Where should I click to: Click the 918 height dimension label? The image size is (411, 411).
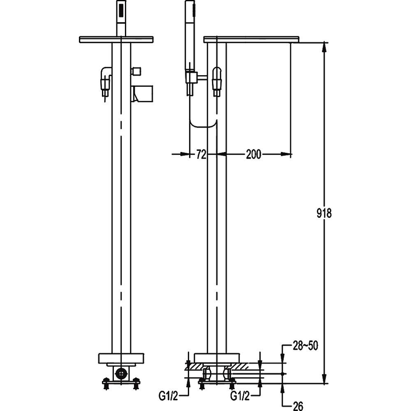tap(324, 213)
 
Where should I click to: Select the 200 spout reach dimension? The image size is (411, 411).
tap(254, 155)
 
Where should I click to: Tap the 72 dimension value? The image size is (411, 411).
tap(201, 155)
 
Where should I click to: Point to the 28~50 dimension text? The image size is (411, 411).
tap(305, 346)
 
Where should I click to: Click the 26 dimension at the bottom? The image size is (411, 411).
tap(298, 406)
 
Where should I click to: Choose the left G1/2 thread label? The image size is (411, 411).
tap(168, 396)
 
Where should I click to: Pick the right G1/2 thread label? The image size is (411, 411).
tap(240, 396)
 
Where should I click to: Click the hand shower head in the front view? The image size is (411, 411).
tap(121, 18)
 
